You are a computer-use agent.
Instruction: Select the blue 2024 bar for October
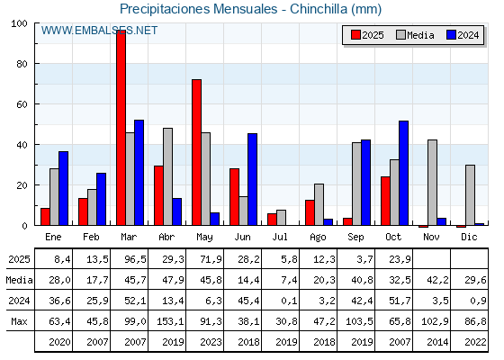(x=403, y=173)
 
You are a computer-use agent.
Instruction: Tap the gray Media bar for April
(x=167, y=176)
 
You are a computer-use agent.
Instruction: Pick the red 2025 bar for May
(x=196, y=152)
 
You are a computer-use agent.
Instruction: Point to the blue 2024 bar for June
(x=252, y=179)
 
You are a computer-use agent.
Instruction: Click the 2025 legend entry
(x=368, y=35)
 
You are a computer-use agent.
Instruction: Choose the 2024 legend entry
(x=460, y=35)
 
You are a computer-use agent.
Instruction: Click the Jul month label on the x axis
(x=280, y=236)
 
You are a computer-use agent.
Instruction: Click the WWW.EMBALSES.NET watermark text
(x=99, y=31)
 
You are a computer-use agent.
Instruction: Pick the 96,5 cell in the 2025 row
(x=130, y=259)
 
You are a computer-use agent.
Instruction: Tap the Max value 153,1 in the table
(x=167, y=321)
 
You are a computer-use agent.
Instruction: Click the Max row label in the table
(x=17, y=321)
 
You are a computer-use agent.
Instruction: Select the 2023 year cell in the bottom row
(x=204, y=342)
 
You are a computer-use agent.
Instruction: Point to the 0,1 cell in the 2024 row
(x=280, y=301)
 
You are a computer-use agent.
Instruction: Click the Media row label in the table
(x=17, y=280)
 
